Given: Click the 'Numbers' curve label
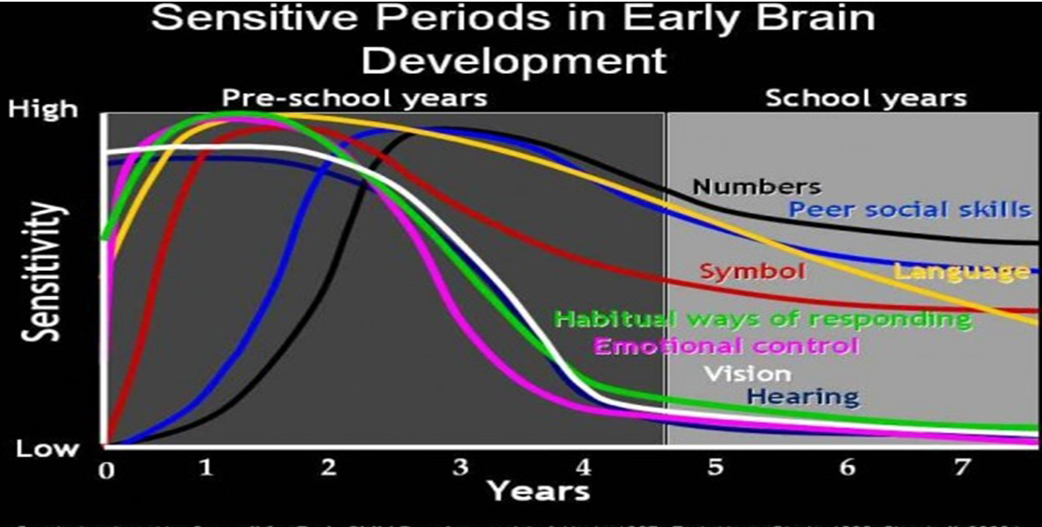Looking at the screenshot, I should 756,186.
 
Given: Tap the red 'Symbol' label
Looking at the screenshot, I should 752,271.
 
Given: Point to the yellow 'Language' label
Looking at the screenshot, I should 961,271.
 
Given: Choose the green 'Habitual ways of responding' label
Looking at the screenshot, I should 762,318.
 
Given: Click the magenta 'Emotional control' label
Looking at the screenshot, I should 725,346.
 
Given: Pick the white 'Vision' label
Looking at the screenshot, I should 747,373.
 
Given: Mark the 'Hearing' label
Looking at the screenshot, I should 803,396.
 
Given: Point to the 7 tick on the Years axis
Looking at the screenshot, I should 961,467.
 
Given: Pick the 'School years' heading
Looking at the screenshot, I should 865,98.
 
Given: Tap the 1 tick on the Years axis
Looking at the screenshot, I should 206,467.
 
